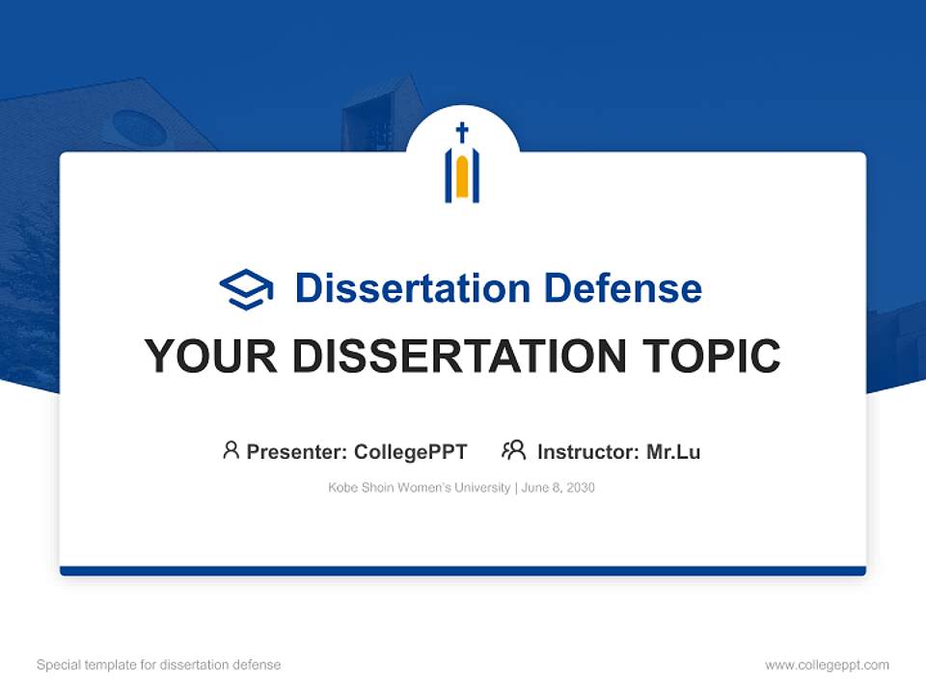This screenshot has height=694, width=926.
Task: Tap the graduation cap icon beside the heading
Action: click(x=246, y=289)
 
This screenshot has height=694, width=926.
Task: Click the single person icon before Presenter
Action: click(x=231, y=450)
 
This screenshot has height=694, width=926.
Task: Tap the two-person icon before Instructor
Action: click(x=514, y=450)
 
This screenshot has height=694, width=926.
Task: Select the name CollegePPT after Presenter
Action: click(x=411, y=452)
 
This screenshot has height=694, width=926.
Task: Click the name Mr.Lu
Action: click(x=673, y=452)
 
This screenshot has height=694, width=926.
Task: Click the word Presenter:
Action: click(x=297, y=452)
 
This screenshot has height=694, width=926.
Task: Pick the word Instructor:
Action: click(x=587, y=452)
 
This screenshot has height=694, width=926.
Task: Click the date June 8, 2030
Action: click(x=558, y=488)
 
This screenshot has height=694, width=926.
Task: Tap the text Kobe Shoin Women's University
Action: click(x=419, y=488)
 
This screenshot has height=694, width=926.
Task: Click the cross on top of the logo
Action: click(x=462, y=132)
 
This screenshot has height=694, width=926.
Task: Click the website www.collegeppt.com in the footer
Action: click(x=827, y=665)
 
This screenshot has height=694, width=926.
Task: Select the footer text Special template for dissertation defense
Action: click(x=159, y=665)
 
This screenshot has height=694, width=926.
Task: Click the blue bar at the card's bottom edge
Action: click(x=463, y=571)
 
